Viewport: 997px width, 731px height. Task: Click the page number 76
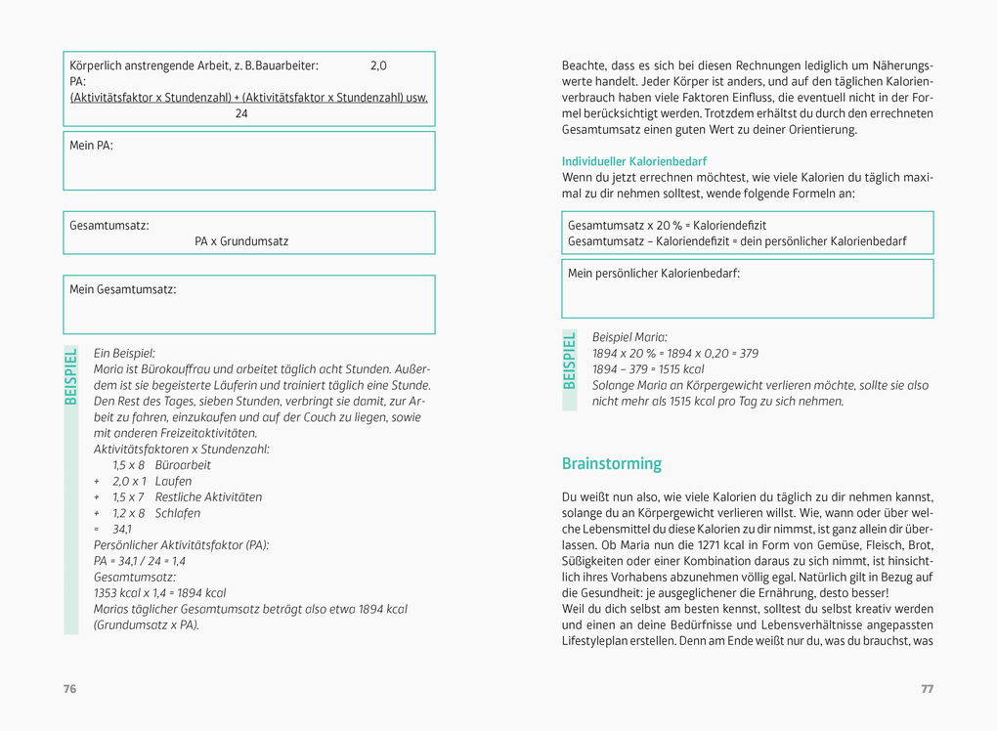click(69, 689)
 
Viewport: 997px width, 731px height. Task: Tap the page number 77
click(927, 689)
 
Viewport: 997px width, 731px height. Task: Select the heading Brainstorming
click(611, 464)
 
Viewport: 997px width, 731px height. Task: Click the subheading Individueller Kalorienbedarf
click(633, 161)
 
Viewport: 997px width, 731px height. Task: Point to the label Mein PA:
click(91, 146)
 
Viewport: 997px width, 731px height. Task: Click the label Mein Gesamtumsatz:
click(122, 289)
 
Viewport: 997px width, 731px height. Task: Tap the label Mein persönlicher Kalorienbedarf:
click(654, 274)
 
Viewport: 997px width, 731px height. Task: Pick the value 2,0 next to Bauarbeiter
click(378, 65)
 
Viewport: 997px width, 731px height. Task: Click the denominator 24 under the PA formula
click(241, 113)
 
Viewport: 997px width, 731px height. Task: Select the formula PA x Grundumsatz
click(241, 241)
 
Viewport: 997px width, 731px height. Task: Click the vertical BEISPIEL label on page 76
click(70, 375)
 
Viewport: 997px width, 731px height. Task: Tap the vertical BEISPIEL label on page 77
click(570, 361)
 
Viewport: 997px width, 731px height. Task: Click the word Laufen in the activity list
click(173, 481)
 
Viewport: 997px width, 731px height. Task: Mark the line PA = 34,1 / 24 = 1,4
click(140, 561)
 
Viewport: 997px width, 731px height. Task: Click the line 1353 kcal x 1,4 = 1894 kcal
click(159, 593)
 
